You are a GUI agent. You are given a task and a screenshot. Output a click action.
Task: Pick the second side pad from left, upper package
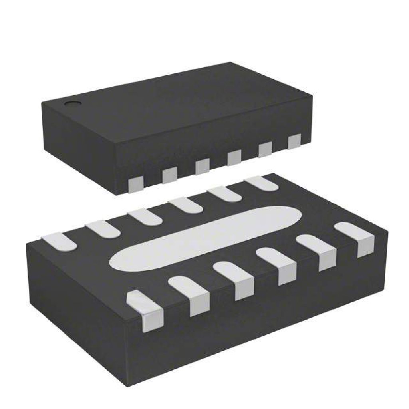click(x=169, y=175)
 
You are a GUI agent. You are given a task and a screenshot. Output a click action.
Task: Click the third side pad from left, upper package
click(x=203, y=167)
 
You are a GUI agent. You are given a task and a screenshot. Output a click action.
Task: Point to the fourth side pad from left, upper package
click(x=234, y=158)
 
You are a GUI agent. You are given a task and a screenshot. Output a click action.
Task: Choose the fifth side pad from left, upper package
click(x=265, y=150)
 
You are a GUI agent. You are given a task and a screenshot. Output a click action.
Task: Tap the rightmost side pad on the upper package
click(x=294, y=141)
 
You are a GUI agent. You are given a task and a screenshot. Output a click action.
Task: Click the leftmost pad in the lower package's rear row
click(x=59, y=242)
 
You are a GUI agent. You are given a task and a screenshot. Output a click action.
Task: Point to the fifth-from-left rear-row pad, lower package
click(x=224, y=194)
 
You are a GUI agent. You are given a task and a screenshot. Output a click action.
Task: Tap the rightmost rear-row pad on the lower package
click(x=262, y=183)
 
